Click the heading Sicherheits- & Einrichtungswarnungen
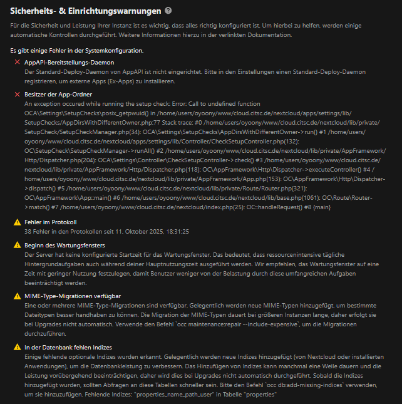pos(85,11)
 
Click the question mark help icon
pos(168,11)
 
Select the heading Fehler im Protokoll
pos(50,222)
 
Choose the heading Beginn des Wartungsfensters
pos(64,244)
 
